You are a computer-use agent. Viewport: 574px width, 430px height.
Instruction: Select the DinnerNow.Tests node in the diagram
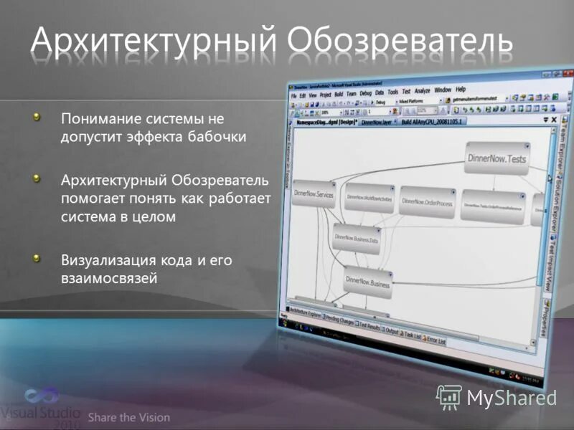tap(497, 159)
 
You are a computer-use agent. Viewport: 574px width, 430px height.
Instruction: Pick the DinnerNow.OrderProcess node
tap(428, 202)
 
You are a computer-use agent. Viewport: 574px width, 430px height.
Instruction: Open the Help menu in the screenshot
tap(461, 90)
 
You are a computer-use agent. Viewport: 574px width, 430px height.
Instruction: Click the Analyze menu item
tap(422, 91)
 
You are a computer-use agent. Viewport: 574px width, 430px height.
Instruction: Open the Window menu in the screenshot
tap(443, 90)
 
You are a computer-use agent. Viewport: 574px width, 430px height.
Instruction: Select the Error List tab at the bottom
tap(436, 341)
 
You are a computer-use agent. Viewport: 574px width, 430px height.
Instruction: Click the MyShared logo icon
tap(449, 396)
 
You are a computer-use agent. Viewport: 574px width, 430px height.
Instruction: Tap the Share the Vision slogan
tap(129, 417)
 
